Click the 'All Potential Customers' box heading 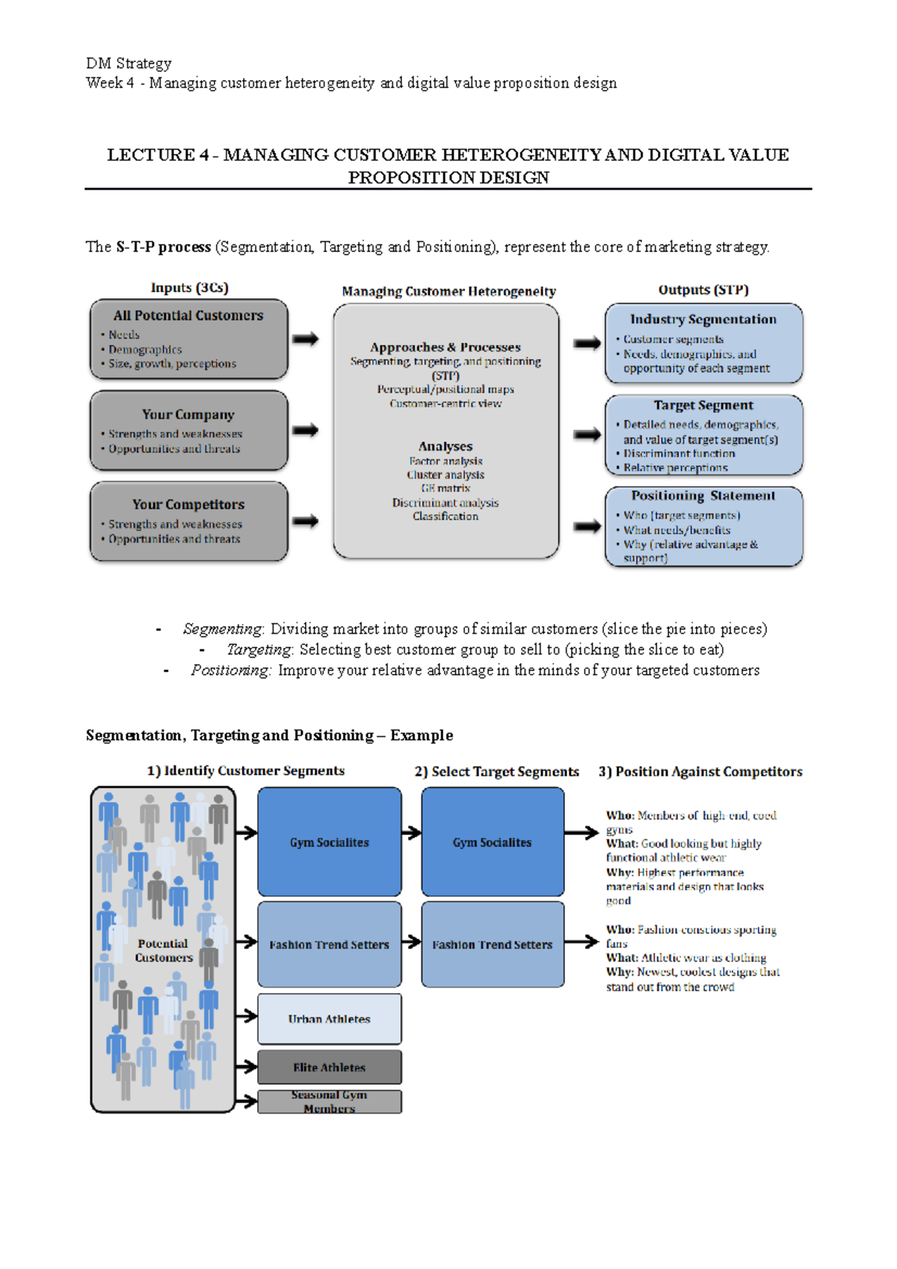[x=188, y=315]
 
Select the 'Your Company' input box [x=188, y=430]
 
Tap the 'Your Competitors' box [x=188, y=521]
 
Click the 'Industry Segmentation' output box [x=703, y=344]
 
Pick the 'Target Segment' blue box [x=703, y=436]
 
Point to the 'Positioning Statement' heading [x=703, y=495]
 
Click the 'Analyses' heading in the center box [x=446, y=446]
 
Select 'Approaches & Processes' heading [x=446, y=347]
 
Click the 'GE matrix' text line [x=446, y=488]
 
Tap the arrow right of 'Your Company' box [x=305, y=430]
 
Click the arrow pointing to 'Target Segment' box [x=587, y=434]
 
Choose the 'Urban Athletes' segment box [x=329, y=1019]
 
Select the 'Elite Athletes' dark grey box [x=329, y=1067]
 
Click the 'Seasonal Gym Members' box [x=329, y=1102]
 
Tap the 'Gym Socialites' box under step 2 [x=492, y=842]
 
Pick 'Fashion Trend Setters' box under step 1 [x=329, y=945]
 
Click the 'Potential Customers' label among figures [x=164, y=951]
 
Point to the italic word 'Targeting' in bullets [x=259, y=649]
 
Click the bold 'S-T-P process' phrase [x=163, y=247]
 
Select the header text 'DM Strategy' [x=129, y=64]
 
